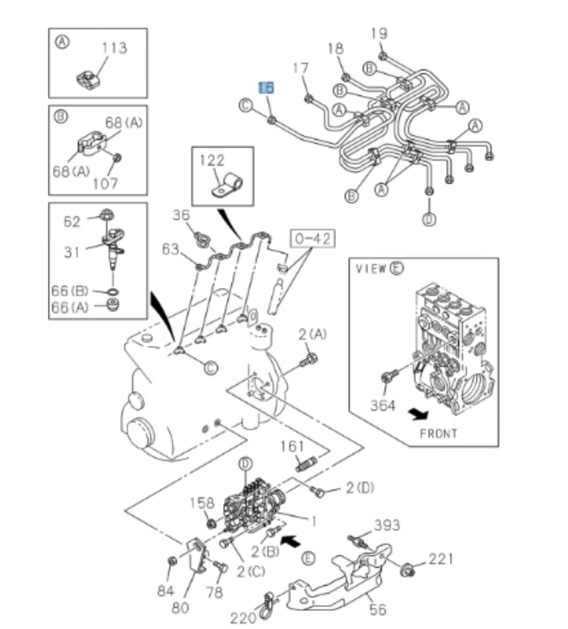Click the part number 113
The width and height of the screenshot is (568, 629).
114,49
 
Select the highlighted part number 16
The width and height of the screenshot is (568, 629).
266,88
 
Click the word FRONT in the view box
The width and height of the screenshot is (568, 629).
438,433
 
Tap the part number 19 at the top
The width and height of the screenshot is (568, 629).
380,34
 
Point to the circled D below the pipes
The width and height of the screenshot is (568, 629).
428,219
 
